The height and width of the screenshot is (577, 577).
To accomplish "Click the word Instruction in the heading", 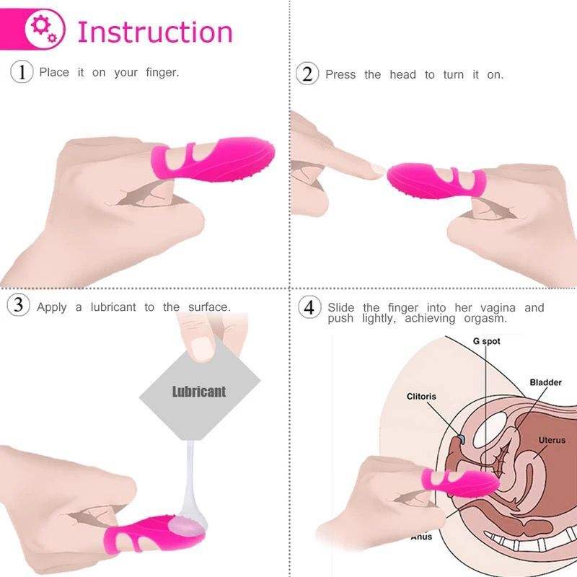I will [155, 32].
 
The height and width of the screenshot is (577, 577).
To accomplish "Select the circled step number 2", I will [308, 74].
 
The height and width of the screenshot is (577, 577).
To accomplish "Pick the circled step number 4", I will [309, 307].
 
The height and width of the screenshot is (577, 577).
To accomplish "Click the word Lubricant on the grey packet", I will [199, 392].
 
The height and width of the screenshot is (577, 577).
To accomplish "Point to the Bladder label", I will [545, 382].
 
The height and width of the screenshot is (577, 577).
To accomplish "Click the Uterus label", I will [552, 440].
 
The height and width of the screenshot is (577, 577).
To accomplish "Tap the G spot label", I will [486, 340].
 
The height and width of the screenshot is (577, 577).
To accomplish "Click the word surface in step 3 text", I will [209, 307].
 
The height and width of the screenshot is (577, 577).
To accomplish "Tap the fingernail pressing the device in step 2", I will [373, 170].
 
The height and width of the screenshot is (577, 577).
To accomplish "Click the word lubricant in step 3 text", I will [113, 307].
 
